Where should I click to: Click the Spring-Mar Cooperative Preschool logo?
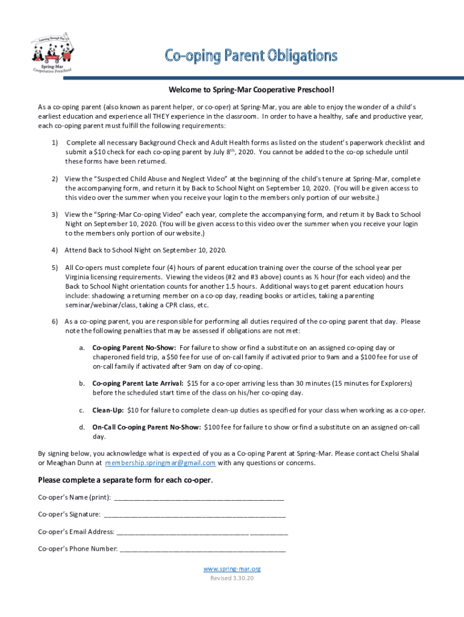(x=52, y=53)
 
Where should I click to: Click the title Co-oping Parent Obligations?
(x=251, y=56)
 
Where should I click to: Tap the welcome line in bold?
(x=251, y=90)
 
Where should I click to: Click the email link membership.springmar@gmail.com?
(x=160, y=463)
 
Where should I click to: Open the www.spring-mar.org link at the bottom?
(x=232, y=569)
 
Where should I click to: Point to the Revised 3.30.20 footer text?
(x=232, y=578)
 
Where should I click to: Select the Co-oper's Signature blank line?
(x=195, y=515)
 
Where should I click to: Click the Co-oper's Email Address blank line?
(x=202, y=532)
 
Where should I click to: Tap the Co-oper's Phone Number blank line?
(x=203, y=549)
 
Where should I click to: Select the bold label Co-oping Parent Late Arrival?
(x=138, y=383)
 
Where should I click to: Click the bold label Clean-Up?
(x=108, y=410)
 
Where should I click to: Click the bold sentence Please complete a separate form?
(x=125, y=480)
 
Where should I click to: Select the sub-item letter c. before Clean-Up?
(x=81, y=410)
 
